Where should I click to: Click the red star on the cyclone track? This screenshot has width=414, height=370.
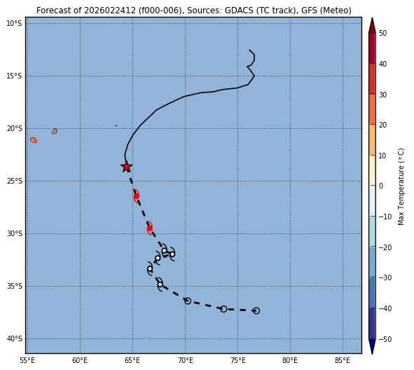click(x=127, y=167)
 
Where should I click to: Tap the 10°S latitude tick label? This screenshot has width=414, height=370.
click(x=14, y=24)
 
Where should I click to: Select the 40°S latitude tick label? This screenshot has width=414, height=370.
click(x=14, y=338)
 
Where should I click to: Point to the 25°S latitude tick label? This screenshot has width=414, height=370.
click(x=14, y=181)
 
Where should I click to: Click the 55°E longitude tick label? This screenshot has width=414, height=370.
click(x=27, y=360)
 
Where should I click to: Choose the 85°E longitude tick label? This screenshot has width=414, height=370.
click(x=343, y=360)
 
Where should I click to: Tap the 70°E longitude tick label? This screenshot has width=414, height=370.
click(x=185, y=360)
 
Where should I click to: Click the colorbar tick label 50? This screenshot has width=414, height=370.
click(x=382, y=33)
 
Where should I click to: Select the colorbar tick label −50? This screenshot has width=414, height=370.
click(x=385, y=339)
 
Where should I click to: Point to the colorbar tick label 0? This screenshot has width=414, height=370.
click(x=381, y=186)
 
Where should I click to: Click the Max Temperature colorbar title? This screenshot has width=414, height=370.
click(x=401, y=186)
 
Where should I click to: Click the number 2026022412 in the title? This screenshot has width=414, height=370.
click(x=110, y=11)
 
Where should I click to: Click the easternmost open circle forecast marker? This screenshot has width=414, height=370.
click(x=256, y=310)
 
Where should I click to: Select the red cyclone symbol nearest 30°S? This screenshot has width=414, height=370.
click(x=150, y=228)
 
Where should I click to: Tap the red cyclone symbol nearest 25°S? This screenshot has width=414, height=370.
click(x=136, y=196)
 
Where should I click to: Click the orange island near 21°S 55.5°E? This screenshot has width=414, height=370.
click(x=34, y=140)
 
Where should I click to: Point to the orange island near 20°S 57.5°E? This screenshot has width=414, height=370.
click(x=55, y=131)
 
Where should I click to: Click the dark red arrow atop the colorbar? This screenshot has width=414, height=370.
click(x=372, y=25)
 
